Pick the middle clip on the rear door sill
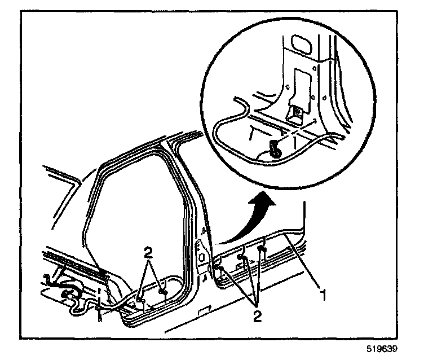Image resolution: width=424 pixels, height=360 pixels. [241, 257]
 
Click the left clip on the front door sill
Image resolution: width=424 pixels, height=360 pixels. [139, 294]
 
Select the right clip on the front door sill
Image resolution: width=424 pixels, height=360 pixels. [164, 292]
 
